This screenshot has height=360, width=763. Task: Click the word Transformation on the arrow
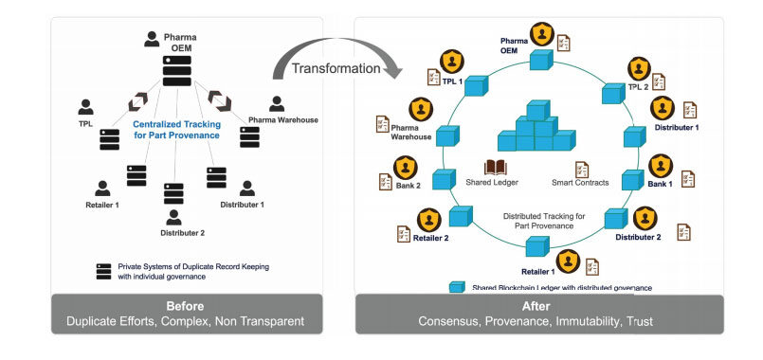pyautogui.click(x=336, y=69)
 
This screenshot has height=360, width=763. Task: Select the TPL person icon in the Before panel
pyautogui.click(x=86, y=106)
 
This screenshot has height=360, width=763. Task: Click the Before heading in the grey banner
pyautogui.click(x=186, y=305)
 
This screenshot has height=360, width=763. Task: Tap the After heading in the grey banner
pyautogui.click(x=538, y=305)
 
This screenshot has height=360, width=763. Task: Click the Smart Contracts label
pyautogui.click(x=578, y=182)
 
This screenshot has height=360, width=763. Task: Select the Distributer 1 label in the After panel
pyautogui.click(x=678, y=127)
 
